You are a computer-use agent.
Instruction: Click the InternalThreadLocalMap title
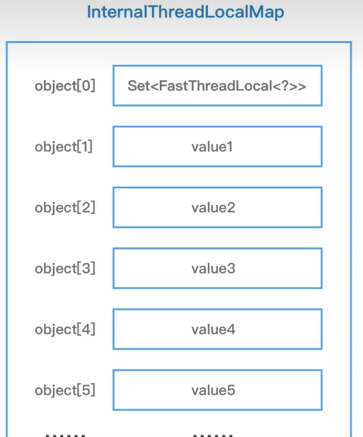185,13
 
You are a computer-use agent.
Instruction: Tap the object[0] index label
65,86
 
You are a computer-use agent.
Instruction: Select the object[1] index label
64,147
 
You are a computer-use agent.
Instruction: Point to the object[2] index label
65,208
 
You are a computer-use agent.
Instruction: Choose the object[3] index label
65,269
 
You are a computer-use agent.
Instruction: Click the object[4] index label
65,330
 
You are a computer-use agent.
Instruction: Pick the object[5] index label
65,390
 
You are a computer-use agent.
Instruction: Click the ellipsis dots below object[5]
65,436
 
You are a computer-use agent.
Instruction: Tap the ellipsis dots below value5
213,436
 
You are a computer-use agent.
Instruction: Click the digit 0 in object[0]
86,86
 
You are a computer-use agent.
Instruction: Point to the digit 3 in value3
231,269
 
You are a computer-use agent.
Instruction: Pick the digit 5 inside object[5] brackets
86,390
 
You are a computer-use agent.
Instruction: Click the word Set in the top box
139,86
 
